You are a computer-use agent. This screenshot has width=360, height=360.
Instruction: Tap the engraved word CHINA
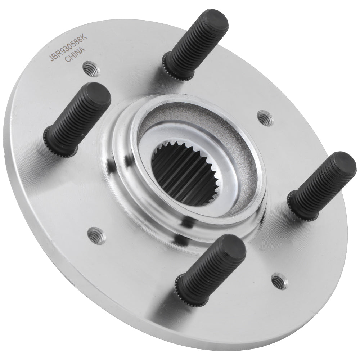(x=75, y=55)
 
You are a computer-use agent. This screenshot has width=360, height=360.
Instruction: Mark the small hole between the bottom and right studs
(x=280, y=281)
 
